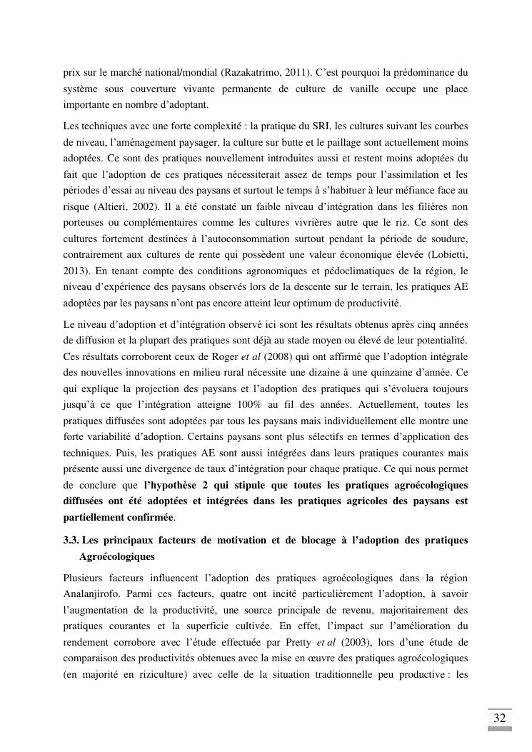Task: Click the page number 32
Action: [499, 718]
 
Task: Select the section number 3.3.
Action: [71, 541]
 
